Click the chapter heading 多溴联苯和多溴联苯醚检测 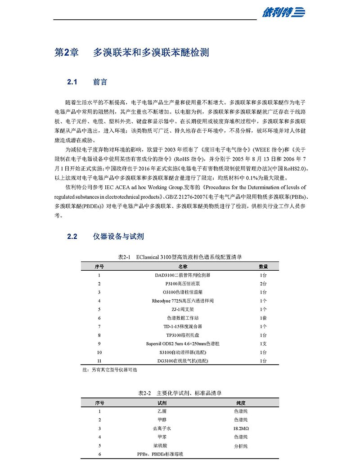click(x=151, y=53)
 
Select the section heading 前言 click(x=100, y=82)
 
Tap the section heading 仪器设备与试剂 click(x=118, y=236)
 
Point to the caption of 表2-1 click(x=180, y=257)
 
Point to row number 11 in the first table click(x=99, y=361)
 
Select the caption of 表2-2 click(x=180, y=393)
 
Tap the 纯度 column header click(x=241, y=402)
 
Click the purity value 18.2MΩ click(x=241, y=428)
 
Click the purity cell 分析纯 click(x=241, y=446)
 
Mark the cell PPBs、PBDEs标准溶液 click(x=160, y=455)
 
